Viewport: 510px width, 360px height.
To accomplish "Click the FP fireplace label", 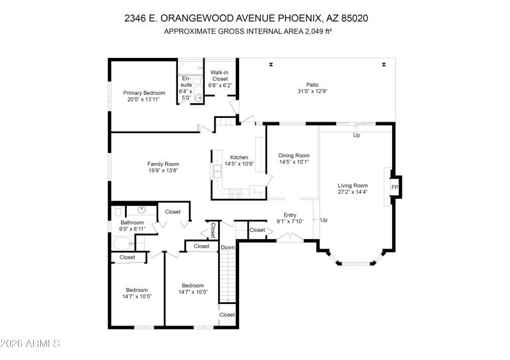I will tap(394, 187).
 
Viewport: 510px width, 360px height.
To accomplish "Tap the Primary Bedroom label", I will tap(144, 93).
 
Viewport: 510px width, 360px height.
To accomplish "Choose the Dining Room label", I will tap(294, 155).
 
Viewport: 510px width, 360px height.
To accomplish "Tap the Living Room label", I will tap(353, 185).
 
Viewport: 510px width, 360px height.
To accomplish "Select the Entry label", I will tap(290, 215).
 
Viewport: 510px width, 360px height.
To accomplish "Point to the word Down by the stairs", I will tap(228, 247).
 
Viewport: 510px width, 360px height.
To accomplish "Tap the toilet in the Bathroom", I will tap(117, 211).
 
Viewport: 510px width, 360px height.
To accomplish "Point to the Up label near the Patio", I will tap(356, 135).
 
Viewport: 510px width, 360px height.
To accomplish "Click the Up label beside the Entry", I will tap(324, 220).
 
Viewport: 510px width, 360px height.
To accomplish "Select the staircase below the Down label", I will tap(228, 277).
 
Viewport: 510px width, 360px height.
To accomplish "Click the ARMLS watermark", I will tap(30, 344).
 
